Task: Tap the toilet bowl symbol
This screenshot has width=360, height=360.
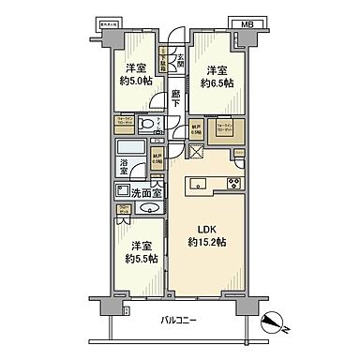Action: click(145, 126)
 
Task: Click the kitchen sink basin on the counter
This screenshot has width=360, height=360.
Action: click(200, 184)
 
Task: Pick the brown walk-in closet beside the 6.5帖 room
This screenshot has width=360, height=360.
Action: click(226, 127)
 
